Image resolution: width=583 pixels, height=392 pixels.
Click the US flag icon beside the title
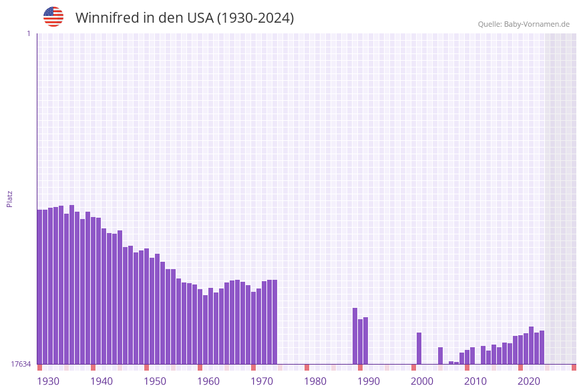[53, 17]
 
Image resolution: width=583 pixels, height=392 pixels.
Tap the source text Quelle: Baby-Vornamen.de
[524, 24]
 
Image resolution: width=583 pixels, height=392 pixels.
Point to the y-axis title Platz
[10, 198]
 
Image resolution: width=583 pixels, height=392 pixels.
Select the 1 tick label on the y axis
[28, 33]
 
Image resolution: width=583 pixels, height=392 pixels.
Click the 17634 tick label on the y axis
[21, 364]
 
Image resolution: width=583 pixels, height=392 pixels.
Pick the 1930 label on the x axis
[48, 381]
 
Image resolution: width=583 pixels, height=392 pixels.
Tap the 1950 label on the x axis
[155, 381]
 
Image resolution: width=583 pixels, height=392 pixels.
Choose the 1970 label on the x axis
[262, 381]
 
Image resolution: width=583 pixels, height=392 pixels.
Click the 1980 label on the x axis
[315, 381]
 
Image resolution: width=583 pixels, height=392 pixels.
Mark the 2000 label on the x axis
[422, 381]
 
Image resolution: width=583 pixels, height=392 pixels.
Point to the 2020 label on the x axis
[529, 381]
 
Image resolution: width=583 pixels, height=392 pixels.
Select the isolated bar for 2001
[419, 348]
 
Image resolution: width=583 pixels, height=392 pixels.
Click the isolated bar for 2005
[441, 355]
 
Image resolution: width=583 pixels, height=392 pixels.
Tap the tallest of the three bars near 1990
[355, 336]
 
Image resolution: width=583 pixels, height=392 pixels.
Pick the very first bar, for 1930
[40, 287]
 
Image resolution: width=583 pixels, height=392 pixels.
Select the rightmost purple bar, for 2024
[542, 347]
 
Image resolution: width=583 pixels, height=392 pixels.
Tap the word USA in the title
[200, 18]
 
